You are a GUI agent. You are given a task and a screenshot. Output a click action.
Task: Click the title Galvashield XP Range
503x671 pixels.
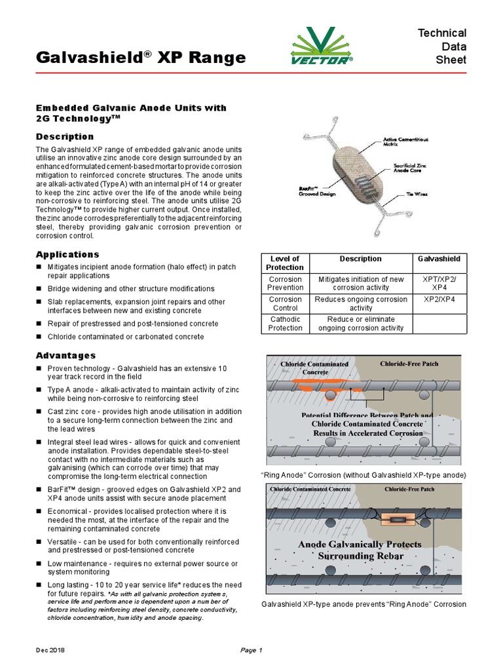[x=141, y=58]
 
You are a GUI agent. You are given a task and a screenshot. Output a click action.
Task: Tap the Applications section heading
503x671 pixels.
[x=67, y=254]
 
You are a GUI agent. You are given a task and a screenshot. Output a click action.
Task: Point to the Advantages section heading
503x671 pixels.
[x=65, y=355]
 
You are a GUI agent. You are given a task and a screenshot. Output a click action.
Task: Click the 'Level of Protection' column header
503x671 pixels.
[x=285, y=263]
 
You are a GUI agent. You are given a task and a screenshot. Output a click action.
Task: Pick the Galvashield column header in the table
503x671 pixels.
[x=439, y=259]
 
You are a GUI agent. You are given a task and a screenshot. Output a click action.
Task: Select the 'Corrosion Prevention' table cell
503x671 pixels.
[x=285, y=283]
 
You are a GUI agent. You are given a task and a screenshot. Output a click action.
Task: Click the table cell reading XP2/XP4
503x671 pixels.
[x=439, y=299]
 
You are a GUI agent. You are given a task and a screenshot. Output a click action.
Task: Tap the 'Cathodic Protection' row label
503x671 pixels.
[x=285, y=324]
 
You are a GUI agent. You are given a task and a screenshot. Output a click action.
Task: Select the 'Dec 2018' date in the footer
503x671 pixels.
[x=50, y=650]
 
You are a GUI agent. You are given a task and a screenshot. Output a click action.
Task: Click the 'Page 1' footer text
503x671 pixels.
[x=251, y=650]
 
